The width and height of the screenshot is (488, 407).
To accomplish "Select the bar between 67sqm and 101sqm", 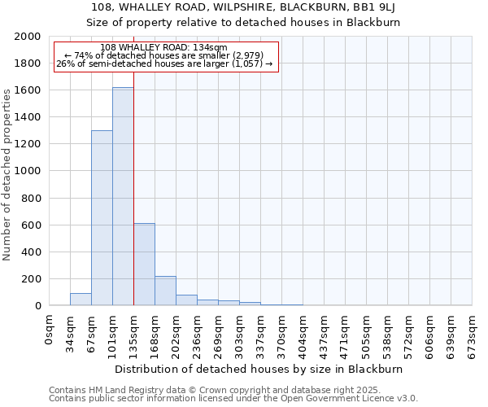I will tap(102, 218).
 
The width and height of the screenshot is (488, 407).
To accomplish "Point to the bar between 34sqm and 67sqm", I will tap(81, 300).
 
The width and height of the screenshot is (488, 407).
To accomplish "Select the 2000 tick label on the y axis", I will tap(27, 37).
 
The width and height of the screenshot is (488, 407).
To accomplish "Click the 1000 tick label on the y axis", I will tap(27, 171).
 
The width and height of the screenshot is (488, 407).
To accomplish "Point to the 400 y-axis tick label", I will tap(30, 252).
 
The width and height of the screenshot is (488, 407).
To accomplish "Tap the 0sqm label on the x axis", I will tap(50, 327).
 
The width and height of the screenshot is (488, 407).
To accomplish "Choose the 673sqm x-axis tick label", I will tap(473, 331).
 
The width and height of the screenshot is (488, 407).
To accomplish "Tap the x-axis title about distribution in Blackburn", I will tap(259, 369).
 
